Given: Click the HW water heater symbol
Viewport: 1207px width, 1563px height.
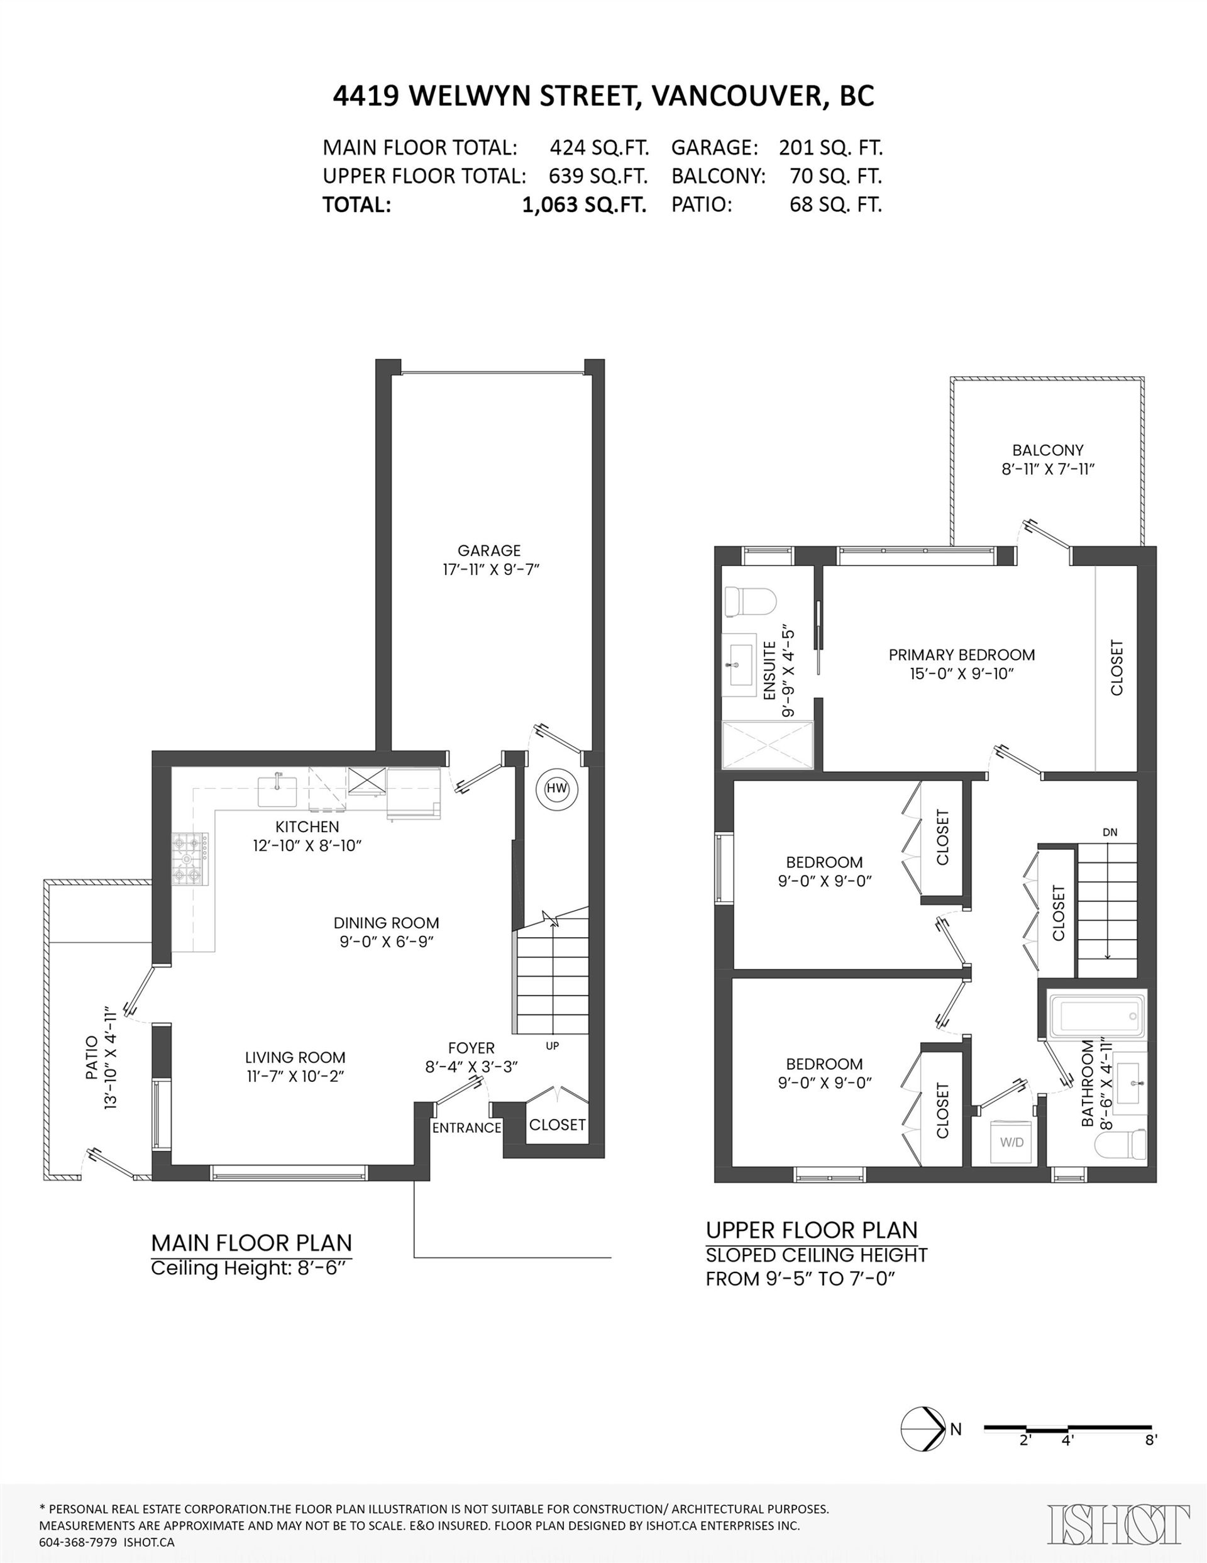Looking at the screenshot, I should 556,789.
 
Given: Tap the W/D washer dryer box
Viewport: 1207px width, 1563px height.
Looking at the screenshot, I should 1011,1142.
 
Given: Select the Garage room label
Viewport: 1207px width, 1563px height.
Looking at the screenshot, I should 489,550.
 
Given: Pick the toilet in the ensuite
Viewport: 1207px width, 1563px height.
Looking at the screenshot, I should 749,602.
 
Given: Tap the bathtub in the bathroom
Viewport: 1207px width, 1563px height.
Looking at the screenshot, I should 1098,1016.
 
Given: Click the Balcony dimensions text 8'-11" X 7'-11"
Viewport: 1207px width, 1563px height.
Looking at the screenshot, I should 1048,469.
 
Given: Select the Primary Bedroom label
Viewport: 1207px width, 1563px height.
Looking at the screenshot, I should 962,655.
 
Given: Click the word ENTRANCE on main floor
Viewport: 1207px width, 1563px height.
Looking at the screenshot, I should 466,1128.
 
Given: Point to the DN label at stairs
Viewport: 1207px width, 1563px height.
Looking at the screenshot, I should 1110,832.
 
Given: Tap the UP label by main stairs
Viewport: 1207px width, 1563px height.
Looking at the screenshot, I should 553,1046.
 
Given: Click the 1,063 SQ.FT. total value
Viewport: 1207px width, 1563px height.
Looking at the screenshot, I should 584,206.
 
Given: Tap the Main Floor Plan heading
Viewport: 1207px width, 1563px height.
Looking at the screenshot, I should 251,1243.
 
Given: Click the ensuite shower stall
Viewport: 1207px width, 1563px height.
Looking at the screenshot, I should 768,745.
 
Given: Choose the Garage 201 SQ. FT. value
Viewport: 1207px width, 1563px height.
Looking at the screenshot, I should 830,148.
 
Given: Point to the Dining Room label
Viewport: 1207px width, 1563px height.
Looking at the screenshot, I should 387,923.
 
